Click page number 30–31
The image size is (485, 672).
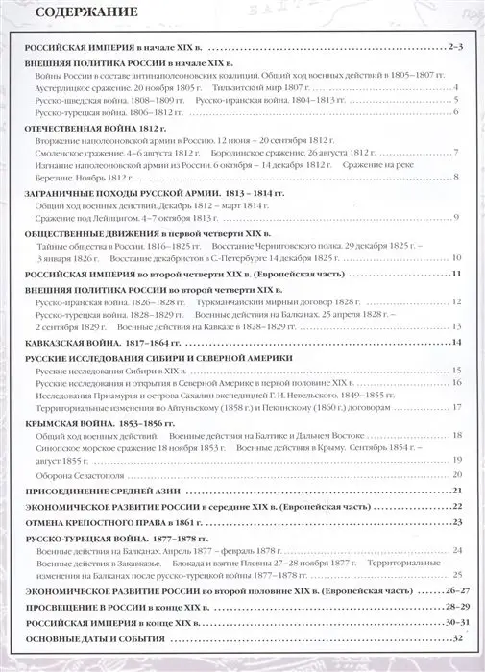(x=454, y=624)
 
